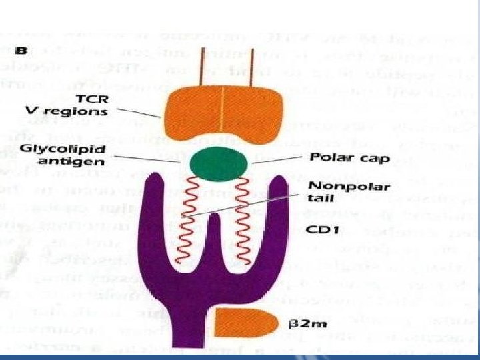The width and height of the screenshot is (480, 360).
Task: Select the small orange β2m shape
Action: tap(246, 325)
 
